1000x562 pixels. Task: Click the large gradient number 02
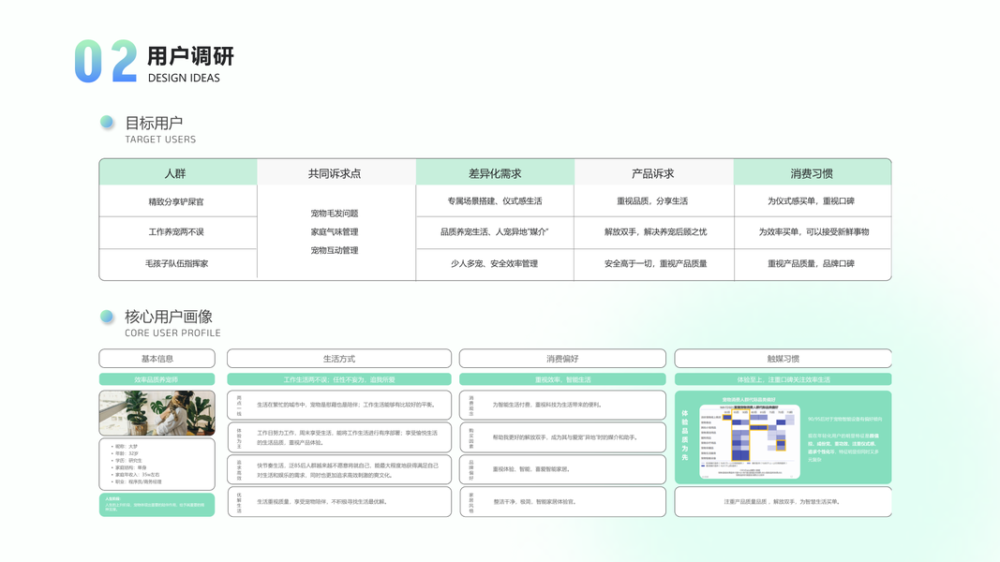click(105, 62)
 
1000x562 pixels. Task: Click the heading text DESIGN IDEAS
click(184, 78)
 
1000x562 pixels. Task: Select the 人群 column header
click(176, 173)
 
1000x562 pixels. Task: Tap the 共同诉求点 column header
click(335, 173)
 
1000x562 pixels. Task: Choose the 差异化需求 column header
click(495, 173)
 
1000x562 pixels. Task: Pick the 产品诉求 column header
click(652, 173)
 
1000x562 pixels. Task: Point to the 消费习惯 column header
click(812, 173)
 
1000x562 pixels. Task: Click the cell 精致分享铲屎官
click(176, 201)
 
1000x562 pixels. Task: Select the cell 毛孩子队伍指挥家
click(176, 264)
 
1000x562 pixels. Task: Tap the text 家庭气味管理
click(335, 231)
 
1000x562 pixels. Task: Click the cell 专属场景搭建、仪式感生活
click(495, 201)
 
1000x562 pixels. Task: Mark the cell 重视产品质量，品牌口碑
click(811, 264)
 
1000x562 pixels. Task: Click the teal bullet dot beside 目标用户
click(107, 123)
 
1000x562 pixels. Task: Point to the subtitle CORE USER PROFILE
click(172, 333)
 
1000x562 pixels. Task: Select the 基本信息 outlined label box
click(157, 359)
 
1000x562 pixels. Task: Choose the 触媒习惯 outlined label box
click(783, 359)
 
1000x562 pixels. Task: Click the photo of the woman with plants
click(157, 413)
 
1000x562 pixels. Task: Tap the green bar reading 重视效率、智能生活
click(562, 379)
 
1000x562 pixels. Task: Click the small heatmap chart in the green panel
click(749, 436)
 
